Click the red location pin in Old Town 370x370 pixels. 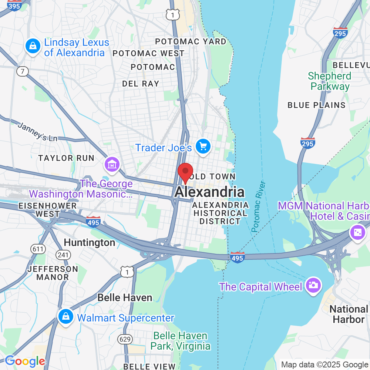185,173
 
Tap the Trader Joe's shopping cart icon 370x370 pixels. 203,147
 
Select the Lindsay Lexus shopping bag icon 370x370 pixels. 33,47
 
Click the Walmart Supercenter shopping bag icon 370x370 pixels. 65,317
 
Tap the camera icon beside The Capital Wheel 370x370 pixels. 313,285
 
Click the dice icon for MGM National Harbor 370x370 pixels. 358,233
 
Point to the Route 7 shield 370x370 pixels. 23,71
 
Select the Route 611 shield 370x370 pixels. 38,249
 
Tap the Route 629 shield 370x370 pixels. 124,338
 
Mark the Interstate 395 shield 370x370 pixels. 14,6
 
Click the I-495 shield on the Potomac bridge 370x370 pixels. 237,257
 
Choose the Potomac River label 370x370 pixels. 259,206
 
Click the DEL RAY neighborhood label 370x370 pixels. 141,84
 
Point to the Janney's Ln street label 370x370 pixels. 38,132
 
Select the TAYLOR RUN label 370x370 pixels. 66,158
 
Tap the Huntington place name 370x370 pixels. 90,243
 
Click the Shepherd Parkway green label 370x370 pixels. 330,81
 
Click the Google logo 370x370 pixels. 25,361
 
